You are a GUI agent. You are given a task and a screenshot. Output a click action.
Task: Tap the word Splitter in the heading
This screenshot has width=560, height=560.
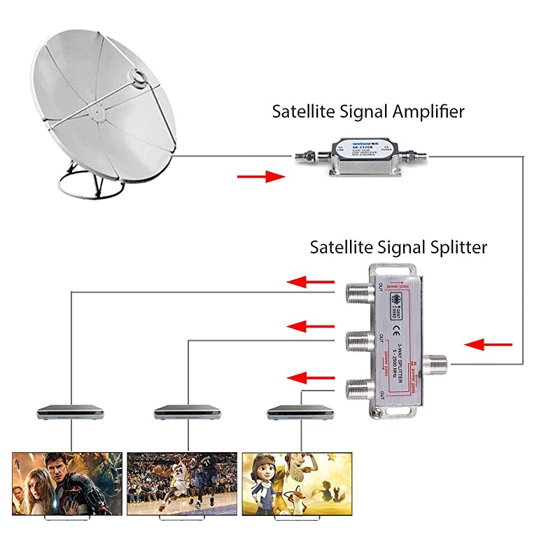pyautogui.click(x=452, y=247)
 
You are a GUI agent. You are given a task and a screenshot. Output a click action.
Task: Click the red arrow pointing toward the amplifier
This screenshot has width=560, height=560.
pyautogui.click(x=262, y=177)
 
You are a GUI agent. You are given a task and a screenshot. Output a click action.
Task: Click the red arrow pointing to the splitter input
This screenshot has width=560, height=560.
pyautogui.click(x=489, y=344)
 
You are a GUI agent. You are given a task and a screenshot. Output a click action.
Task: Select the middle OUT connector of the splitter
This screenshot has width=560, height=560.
pyautogui.click(x=356, y=341)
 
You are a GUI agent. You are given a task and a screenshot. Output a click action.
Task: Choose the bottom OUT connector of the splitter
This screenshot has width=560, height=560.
pyautogui.click(x=355, y=389)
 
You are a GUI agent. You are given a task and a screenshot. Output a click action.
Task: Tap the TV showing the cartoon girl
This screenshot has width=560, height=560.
pyautogui.click(x=297, y=484)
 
